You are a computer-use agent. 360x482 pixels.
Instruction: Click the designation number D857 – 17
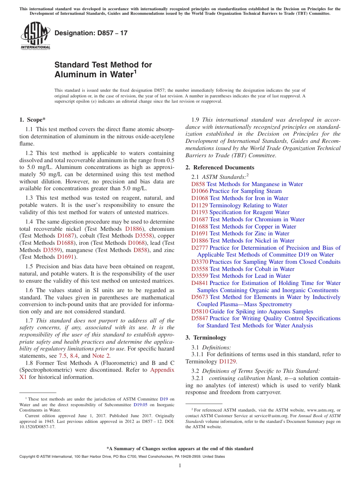pos(91,33)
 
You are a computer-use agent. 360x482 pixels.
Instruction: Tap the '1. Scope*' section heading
pos(32,120)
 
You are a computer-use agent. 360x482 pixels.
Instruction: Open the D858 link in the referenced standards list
pos(198,184)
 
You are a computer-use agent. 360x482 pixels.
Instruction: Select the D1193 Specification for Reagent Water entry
pos(240,212)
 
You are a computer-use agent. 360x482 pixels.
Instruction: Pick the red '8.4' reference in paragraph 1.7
pos(74,356)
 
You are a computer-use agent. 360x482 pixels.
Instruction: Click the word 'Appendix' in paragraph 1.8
pos(162,370)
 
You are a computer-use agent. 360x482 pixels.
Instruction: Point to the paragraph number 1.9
pos(196,120)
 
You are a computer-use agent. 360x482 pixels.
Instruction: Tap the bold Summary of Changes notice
pos(180,449)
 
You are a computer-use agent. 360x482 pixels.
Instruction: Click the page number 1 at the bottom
pos(180,465)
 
